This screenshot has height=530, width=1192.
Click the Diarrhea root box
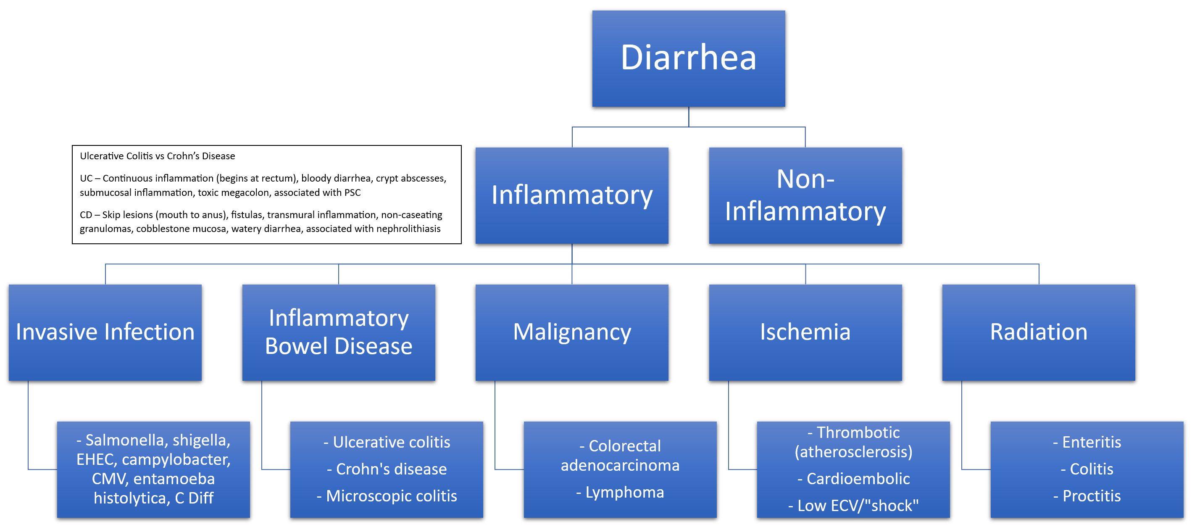(x=688, y=59)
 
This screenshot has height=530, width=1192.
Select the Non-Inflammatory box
(x=805, y=195)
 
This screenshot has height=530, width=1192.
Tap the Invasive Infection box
(x=105, y=332)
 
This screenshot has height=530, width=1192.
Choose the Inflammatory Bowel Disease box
(x=338, y=332)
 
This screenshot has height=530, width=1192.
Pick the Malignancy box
(x=571, y=332)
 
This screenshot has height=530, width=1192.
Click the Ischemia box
(x=805, y=332)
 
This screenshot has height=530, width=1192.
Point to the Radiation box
(x=1038, y=332)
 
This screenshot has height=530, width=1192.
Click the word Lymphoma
(x=625, y=493)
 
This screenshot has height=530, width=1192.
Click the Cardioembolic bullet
(x=854, y=479)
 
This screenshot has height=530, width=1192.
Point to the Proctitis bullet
(x=1091, y=496)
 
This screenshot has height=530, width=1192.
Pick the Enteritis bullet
(x=1091, y=443)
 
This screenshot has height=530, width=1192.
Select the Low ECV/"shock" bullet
(x=854, y=506)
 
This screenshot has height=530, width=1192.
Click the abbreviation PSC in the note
(x=352, y=192)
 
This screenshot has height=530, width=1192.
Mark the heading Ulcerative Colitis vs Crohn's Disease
(x=157, y=156)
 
